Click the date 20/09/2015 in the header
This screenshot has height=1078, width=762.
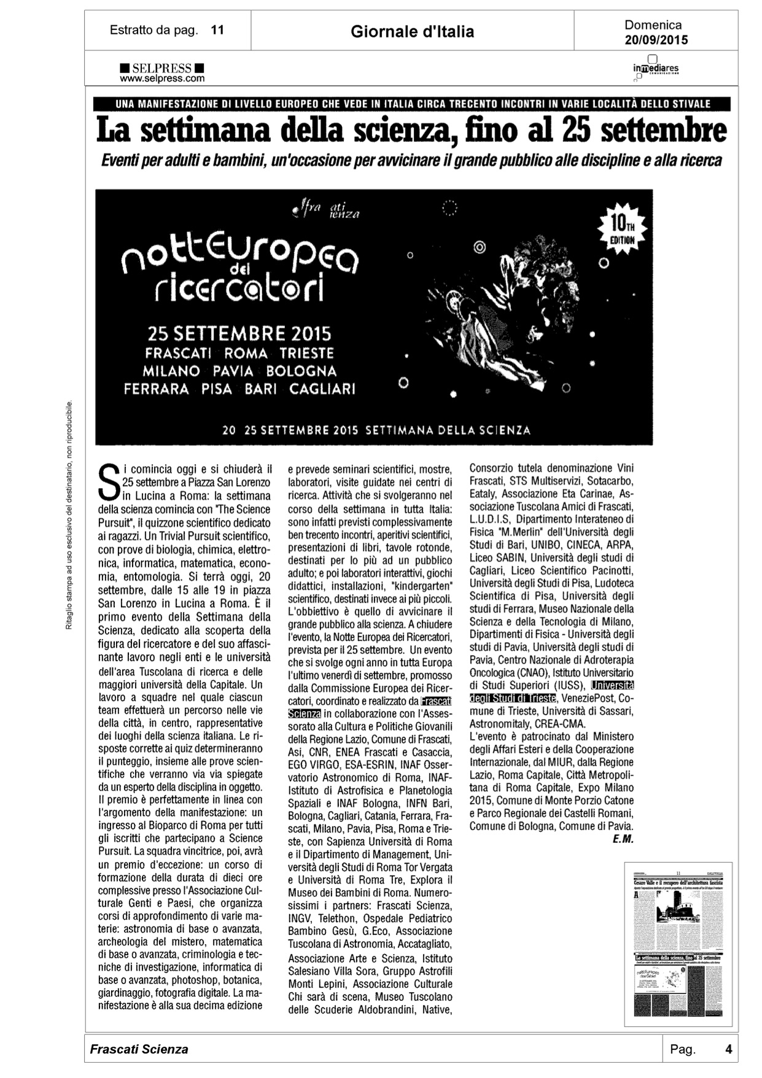pos(656,41)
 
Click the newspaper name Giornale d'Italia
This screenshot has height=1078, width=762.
pos(412,32)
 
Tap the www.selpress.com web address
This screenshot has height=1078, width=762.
pos(162,79)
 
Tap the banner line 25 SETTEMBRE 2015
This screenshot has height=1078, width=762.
pos(239,334)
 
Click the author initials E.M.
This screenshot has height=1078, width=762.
pos(623,839)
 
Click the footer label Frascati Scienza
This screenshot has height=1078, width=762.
pos(139,1049)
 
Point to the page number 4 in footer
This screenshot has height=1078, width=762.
pos(728,1049)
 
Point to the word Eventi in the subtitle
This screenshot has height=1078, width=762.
pos(120,161)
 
